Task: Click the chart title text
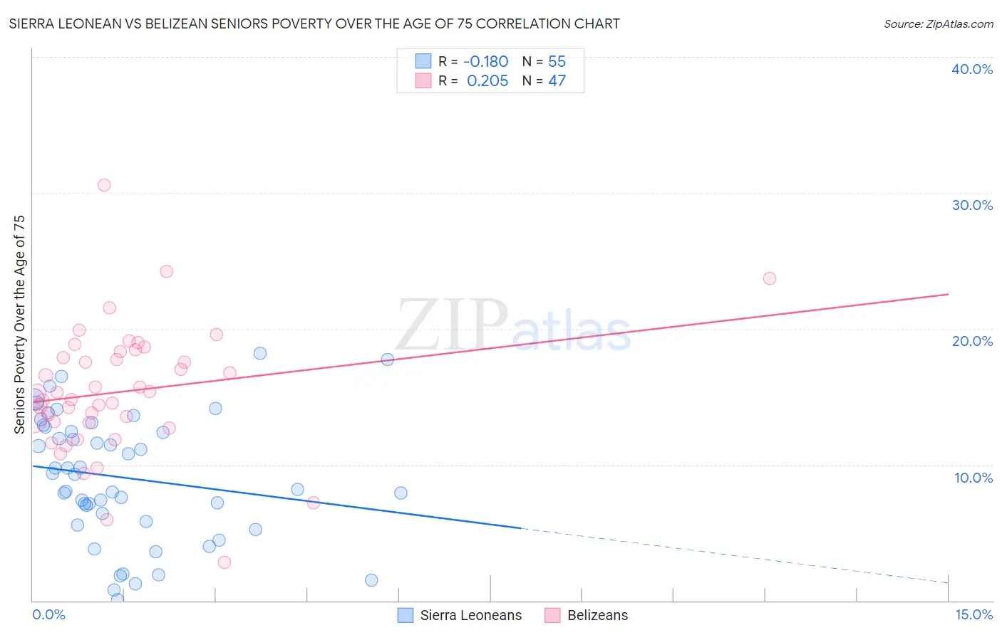(x=314, y=23)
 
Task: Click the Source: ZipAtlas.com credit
(x=938, y=23)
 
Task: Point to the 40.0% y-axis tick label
(x=972, y=69)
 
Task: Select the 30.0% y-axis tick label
(x=972, y=205)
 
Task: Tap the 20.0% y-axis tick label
(x=972, y=341)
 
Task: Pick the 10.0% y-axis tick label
(x=973, y=477)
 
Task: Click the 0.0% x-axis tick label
(x=48, y=614)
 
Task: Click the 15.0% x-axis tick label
(x=973, y=614)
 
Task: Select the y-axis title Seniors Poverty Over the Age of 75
(x=19, y=324)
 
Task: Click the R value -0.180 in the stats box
(x=485, y=61)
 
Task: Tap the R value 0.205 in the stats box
(x=487, y=80)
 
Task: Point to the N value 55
(x=557, y=61)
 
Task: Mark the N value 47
(x=557, y=80)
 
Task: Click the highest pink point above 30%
(x=104, y=185)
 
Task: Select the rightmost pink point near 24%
(x=769, y=278)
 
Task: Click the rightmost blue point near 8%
(x=401, y=493)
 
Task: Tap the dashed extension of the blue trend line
(x=734, y=555)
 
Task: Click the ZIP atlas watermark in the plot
(x=513, y=326)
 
